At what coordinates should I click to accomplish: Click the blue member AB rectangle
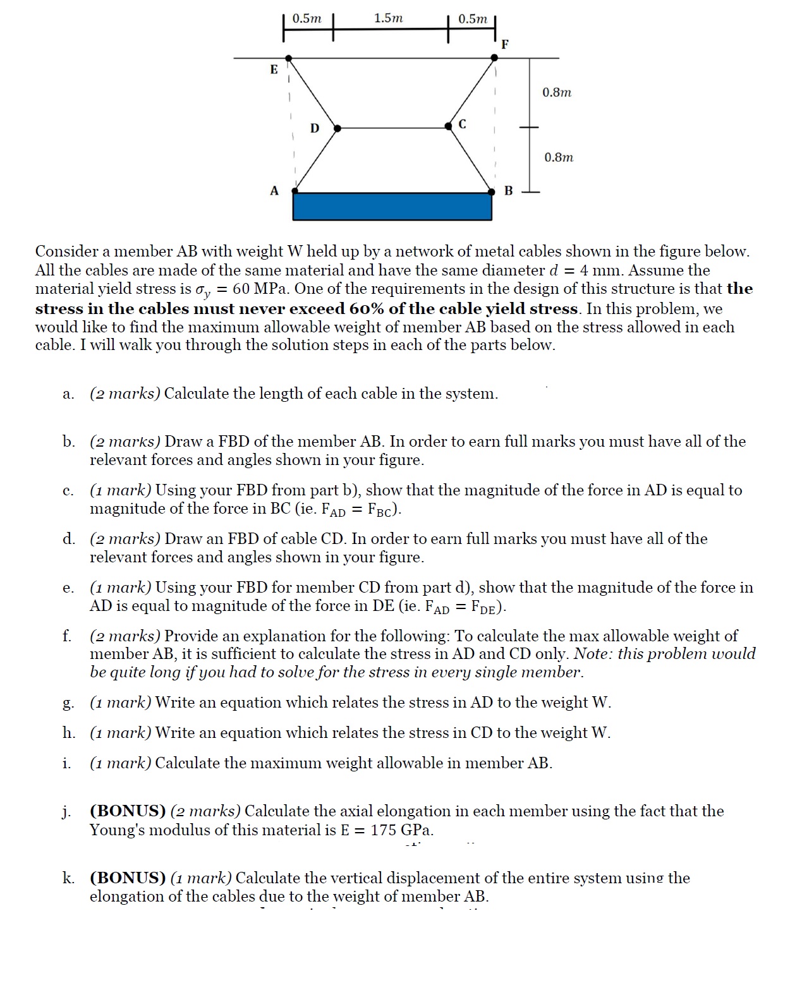[x=392, y=207]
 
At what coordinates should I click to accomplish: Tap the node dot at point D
[x=337, y=128]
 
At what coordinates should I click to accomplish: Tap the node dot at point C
[x=449, y=127]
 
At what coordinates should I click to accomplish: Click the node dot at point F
[x=494, y=57]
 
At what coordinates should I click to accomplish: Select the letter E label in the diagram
[x=274, y=69]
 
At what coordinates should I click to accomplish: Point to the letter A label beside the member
[x=274, y=190]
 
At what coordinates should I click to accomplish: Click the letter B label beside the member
[x=508, y=190]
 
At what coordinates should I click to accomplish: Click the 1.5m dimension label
[x=388, y=18]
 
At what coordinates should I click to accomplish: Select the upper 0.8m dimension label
[x=557, y=92]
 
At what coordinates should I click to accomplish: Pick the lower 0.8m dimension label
[x=559, y=157]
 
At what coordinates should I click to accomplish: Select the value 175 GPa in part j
[x=402, y=830]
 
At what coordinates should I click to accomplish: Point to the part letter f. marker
[x=67, y=636]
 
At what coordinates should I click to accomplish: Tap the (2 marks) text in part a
[x=125, y=394]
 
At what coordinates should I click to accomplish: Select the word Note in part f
[x=592, y=654]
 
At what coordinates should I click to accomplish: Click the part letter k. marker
[x=68, y=878]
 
